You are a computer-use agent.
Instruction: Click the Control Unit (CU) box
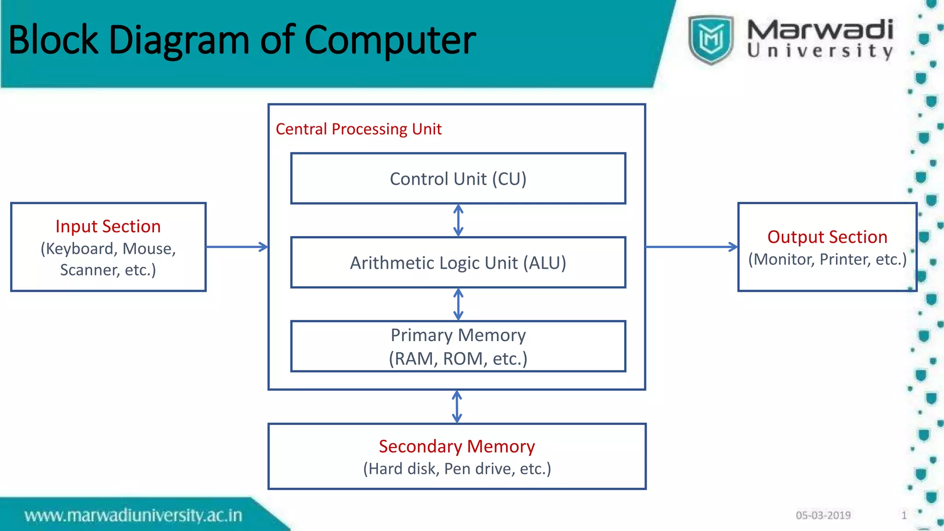[458, 179]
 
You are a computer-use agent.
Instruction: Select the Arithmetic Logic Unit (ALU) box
[458, 263]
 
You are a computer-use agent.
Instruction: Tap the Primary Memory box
[458, 346]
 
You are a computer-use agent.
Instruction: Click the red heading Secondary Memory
[457, 446]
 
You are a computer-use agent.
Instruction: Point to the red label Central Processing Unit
[359, 129]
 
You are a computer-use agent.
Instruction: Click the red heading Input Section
[108, 226]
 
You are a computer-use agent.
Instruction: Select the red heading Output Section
[827, 237]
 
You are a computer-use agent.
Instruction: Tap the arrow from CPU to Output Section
[691, 247]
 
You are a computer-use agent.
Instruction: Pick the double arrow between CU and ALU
[458, 220]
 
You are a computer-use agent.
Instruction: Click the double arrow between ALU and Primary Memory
[458, 304]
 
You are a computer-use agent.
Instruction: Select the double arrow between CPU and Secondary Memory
[457, 407]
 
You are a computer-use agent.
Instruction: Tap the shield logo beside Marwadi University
[710, 39]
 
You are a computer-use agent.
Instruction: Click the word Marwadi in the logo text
[820, 30]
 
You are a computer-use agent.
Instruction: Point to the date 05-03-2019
[823, 515]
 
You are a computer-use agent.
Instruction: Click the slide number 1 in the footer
[904, 515]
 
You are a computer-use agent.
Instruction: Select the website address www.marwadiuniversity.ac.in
[133, 515]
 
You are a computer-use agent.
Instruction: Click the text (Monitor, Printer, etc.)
[827, 259]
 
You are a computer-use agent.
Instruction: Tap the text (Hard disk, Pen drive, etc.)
[457, 469]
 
